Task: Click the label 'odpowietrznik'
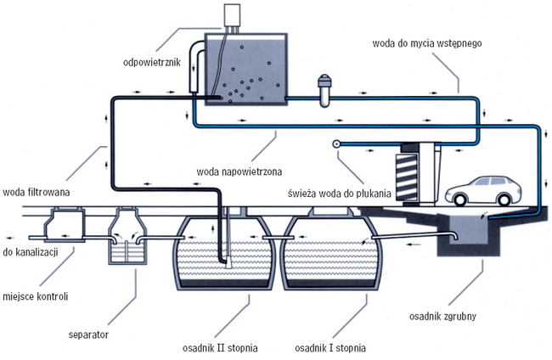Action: coord(152,62)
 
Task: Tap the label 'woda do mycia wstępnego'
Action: coord(426,43)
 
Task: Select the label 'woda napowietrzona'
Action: coord(239,172)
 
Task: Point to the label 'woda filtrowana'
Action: coord(37,192)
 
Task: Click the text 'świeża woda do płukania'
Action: coord(340,194)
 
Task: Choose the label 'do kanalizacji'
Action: coord(31,252)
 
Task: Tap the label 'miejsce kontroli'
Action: coord(35,296)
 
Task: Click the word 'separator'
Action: coord(88,335)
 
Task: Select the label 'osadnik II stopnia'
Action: coord(220,348)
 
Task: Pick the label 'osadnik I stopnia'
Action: coord(330,348)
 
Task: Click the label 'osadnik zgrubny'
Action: coord(442,316)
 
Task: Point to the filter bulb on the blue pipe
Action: coord(324,91)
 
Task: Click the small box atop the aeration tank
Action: coord(232,15)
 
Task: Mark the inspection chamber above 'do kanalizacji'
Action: coord(65,225)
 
